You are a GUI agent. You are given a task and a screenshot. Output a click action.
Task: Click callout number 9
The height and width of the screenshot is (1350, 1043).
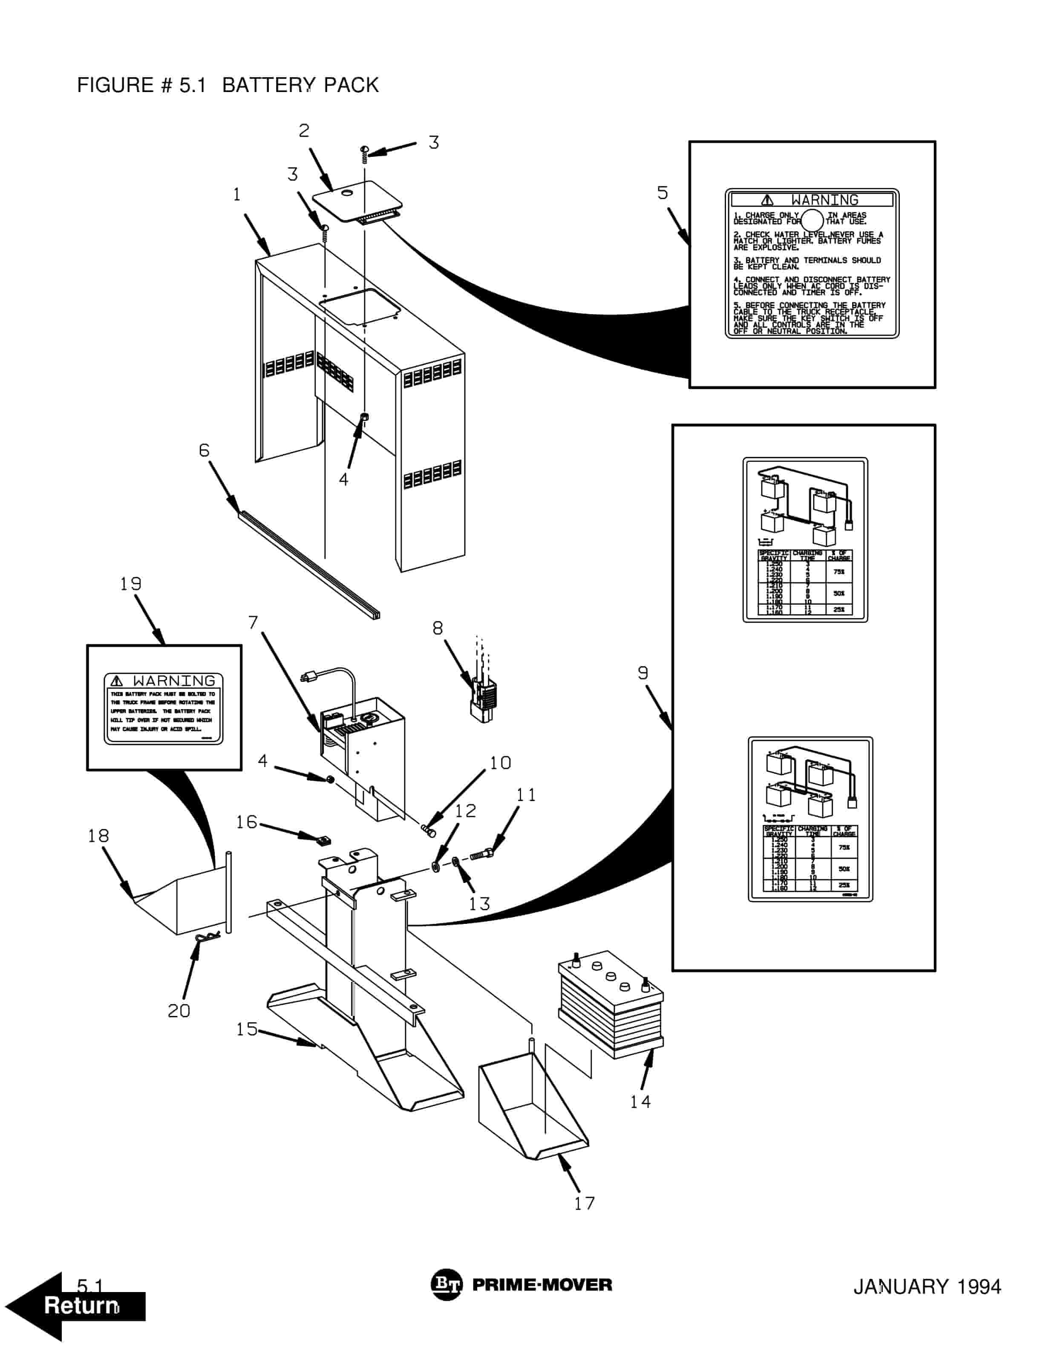click(x=643, y=673)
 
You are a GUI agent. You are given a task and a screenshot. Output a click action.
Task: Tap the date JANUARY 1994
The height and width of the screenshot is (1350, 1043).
click(x=926, y=1287)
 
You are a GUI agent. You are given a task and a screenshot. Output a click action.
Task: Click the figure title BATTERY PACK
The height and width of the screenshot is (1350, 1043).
click(x=300, y=85)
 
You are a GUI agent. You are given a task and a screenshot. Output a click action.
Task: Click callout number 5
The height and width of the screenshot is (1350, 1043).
click(x=663, y=193)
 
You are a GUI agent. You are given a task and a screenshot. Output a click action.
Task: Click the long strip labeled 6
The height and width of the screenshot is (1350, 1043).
click(x=309, y=564)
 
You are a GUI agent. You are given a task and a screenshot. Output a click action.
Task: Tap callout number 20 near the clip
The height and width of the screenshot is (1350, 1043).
click(x=179, y=1011)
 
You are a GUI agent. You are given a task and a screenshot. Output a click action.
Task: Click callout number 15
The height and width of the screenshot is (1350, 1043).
click(x=247, y=1029)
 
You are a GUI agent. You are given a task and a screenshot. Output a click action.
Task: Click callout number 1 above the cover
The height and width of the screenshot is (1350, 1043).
click(x=236, y=195)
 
